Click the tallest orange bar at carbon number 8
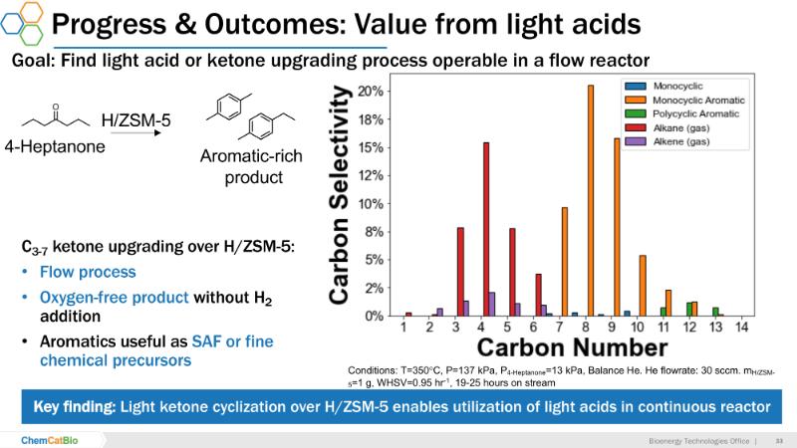pyautogui.click(x=590, y=199)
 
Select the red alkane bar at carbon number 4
pyautogui.click(x=486, y=229)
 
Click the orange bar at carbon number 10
pyautogui.click(x=643, y=286)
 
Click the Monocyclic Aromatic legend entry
pyautogui.click(x=696, y=101)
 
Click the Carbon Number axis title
pyautogui.click(x=571, y=347)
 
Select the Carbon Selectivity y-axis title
pyautogui.click(x=340, y=194)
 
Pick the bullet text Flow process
pyautogui.click(x=88, y=272)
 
